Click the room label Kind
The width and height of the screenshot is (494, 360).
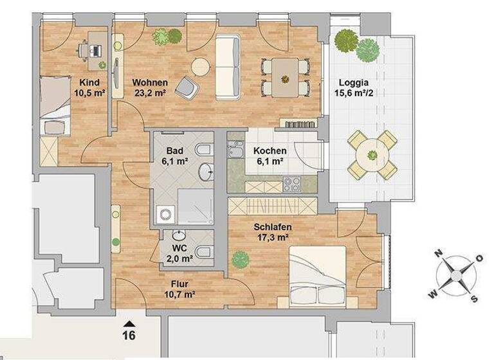pyautogui.click(x=89, y=82)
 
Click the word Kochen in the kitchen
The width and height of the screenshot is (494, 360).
pyautogui.click(x=270, y=151)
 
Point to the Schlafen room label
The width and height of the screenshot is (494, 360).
pyautogui.click(x=273, y=227)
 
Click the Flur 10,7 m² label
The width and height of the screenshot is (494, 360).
pyautogui.click(x=179, y=289)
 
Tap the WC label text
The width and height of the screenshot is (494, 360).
pyautogui.click(x=179, y=248)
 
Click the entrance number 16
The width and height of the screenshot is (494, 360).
pyautogui.click(x=130, y=334)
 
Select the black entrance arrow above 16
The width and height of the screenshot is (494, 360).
pyautogui.click(x=130, y=323)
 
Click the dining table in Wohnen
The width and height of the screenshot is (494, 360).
pyautogui.click(x=284, y=76)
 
